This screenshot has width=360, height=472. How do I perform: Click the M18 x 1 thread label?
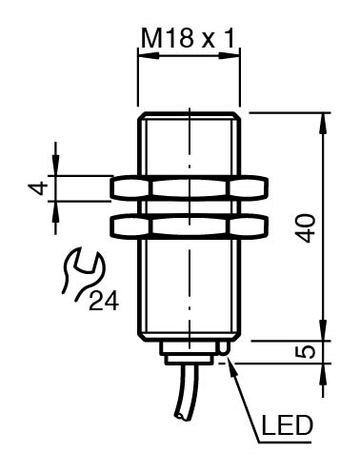tap(188, 39)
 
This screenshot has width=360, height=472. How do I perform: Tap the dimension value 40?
tap(305, 228)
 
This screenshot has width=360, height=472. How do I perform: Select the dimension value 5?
tap(305, 352)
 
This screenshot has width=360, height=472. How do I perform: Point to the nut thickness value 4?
tap(37, 188)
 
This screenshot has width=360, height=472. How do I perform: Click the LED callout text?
tap(287, 425)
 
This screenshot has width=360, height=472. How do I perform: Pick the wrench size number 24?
tap(104, 301)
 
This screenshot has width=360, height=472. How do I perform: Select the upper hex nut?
tap(190, 188)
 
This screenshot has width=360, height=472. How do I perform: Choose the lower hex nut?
tap(190, 226)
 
